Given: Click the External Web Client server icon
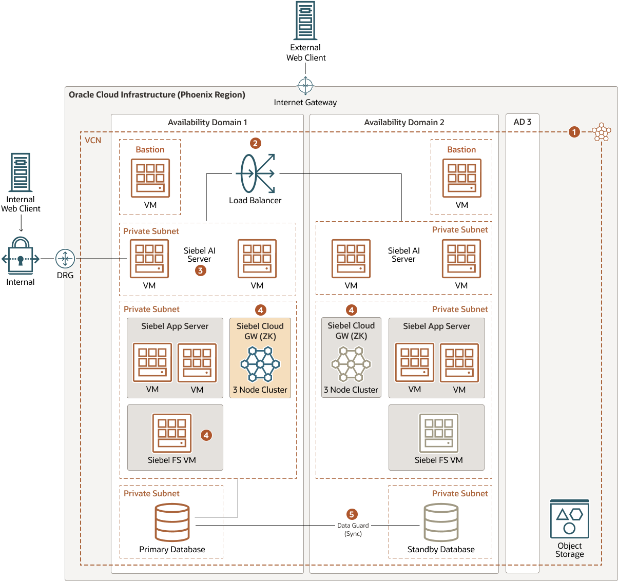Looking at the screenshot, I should point(305,21).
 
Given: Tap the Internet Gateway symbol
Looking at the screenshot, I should point(305,85).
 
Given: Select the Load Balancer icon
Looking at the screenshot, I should point(255,173).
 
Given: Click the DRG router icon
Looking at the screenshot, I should point(65,259).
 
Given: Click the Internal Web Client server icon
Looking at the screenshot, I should point(21,172).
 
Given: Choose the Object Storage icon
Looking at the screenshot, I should point(569,519).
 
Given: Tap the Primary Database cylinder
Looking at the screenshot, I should point(172,522).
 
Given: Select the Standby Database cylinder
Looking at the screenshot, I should point(441,522).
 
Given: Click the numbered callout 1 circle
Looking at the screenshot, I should point(574,132).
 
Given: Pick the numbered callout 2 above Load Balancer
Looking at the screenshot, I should point(255,143).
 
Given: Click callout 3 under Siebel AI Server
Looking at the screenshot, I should point(201,270).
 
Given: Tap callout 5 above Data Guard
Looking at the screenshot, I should point(352,514).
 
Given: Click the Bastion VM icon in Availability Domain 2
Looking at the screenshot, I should point(461,178).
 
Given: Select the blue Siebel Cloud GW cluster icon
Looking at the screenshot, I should point(260,364).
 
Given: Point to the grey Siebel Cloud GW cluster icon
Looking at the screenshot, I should point(351,364).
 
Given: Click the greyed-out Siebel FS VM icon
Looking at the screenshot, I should point(439,433).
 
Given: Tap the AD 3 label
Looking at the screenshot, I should point(523,122).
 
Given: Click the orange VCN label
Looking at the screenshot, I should point(93,140).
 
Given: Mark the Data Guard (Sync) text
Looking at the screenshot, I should point(353,529).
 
